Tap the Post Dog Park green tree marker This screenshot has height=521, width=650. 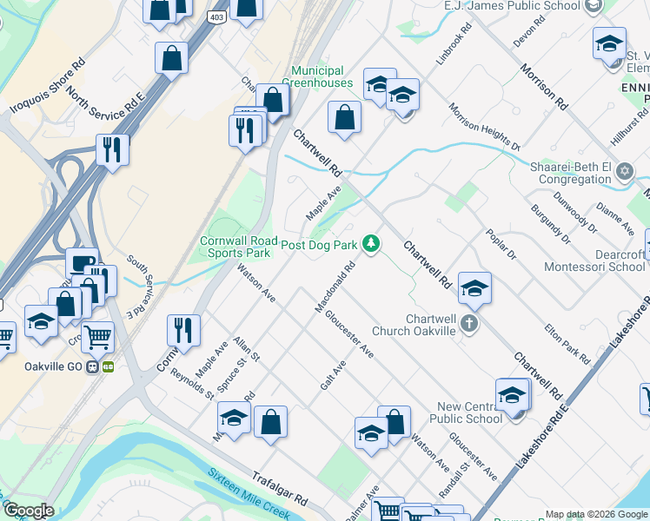372,242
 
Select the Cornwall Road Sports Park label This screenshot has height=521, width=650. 238,247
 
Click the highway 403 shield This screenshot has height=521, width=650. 215,16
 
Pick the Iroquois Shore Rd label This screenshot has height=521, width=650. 48,87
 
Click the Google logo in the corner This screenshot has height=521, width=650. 28,511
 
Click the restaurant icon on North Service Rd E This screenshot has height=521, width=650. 113,148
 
